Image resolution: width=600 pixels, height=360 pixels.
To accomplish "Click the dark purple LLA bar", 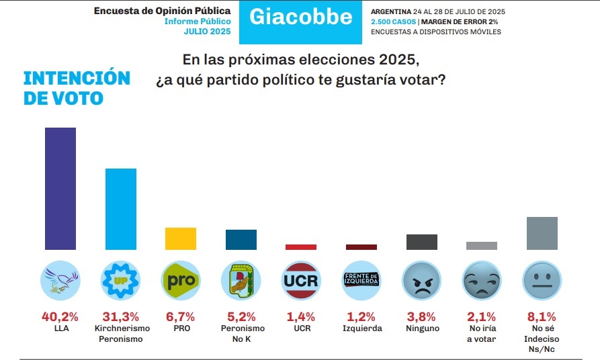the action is pos(60,189).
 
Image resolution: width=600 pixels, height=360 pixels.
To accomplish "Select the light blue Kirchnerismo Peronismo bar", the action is pos(121,210).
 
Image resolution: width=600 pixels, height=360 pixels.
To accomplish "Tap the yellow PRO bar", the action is pos(181,238).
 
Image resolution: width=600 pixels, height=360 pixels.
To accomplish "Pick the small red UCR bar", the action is pos(301,247).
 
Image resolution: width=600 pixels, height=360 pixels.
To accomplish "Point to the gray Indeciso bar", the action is pos(542,233).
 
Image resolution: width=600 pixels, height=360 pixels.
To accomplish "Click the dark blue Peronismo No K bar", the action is pos(241,240).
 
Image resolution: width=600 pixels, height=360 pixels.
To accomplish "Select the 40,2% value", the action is pos(60,317).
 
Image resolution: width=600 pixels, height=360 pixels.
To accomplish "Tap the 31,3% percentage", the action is pos(120,317).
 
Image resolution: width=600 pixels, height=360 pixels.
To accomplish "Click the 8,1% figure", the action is pos(542,317).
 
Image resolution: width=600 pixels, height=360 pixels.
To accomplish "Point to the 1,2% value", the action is pos(361,317).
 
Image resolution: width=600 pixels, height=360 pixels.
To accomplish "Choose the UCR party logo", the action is pos(301,281).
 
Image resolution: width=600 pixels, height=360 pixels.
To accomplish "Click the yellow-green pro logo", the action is pos(181,281).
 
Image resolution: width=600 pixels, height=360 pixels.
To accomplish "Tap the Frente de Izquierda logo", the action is pos(361,281).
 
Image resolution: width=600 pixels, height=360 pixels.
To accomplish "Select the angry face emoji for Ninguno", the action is pos(421,281).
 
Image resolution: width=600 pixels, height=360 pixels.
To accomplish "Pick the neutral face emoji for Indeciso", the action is pos(542,281).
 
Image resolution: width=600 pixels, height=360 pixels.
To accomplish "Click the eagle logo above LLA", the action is pos(60,281).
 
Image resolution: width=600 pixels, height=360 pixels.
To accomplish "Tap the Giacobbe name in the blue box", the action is pos(301,17).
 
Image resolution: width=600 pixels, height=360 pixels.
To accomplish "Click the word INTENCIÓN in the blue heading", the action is pos(77,78).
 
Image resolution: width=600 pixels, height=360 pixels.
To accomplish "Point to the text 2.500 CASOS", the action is pos(393,21).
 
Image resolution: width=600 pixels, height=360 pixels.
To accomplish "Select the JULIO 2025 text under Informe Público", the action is pos(208,32).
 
